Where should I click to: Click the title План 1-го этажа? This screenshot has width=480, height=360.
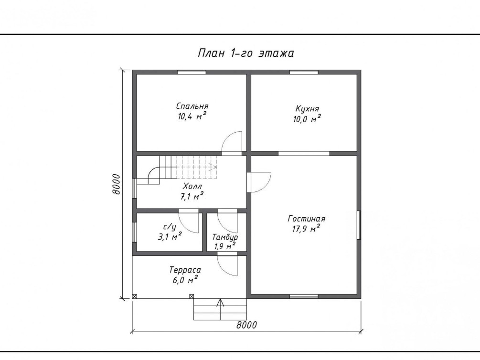point(246,53)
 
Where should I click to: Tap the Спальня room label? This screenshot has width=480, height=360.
point(192,106)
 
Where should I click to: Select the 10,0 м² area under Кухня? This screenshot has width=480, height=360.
point(307,118)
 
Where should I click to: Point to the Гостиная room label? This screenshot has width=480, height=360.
point(307,219)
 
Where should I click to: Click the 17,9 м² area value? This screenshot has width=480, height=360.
point(307,228)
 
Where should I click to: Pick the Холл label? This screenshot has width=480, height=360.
point(192,186)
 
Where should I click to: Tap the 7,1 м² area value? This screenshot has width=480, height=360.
point(192,196)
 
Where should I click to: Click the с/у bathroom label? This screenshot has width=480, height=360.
point(170,227)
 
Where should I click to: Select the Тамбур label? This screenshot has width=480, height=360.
point(225,237)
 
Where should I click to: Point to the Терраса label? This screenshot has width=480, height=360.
point(185,270)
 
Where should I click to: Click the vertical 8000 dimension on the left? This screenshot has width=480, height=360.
point(116,184)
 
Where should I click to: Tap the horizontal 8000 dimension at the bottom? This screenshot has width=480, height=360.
point(246,325)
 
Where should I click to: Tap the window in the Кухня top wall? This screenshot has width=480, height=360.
point(304,72)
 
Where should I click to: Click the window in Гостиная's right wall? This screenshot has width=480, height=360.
point(359,225)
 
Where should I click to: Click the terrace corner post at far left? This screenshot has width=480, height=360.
point(134,296)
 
